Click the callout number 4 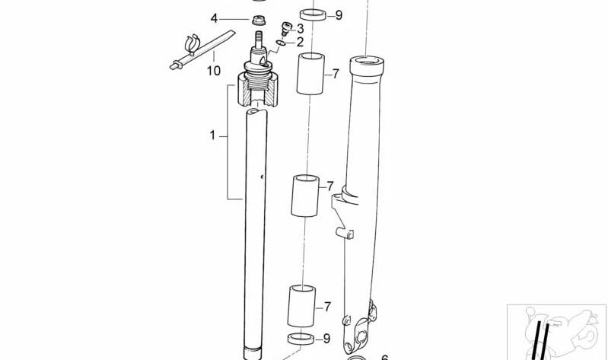214,18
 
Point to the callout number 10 213,71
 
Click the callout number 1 213,136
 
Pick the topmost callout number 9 339,14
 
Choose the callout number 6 384,356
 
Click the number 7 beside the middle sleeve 330,186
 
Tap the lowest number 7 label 327,307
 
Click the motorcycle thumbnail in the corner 557,332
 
